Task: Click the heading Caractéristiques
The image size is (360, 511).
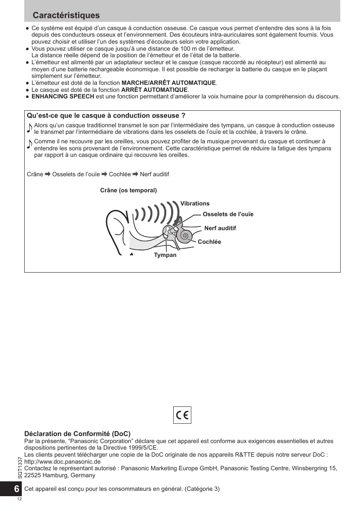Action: (x=66, y=15)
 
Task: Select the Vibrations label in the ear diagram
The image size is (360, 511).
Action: (x=195, y=203)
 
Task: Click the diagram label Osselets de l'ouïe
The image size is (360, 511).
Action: (x=228, y=214)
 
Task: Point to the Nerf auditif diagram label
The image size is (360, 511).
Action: (x=220, y=228)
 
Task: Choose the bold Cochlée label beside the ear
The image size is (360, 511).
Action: (x=209, y=242)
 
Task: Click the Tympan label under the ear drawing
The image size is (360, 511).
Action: (x=165, y=255)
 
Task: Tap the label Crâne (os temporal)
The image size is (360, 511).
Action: (x=128, y=190)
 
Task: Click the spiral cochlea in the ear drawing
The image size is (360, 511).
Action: (x=185, y=236)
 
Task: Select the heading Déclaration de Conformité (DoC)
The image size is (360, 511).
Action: (x=77, y=434)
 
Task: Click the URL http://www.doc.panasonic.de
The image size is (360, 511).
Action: (x=63, y=462)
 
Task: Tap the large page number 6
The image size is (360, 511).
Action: (x=16, y=489)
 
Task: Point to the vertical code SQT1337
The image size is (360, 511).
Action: (x=20, y=467)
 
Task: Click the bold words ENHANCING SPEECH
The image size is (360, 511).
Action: (x=63, y=96)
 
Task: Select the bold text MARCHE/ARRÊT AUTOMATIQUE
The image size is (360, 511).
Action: (x=169, y=83)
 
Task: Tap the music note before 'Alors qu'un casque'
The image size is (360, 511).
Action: (x=29, y=128)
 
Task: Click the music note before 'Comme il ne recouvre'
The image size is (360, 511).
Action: (x=29, y=144)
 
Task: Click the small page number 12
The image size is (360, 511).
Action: (x=19, y=499)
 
